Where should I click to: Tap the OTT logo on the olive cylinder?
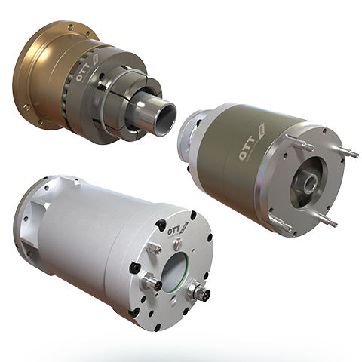[x=251, y=143]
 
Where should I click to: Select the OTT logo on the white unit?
[x=178, y=228]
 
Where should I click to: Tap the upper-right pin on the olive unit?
[x=349, y=152]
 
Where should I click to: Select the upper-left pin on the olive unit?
[x=299, y=143]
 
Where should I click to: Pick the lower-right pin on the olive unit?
[x=326, y=219]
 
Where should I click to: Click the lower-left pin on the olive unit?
[x=277, y=225]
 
